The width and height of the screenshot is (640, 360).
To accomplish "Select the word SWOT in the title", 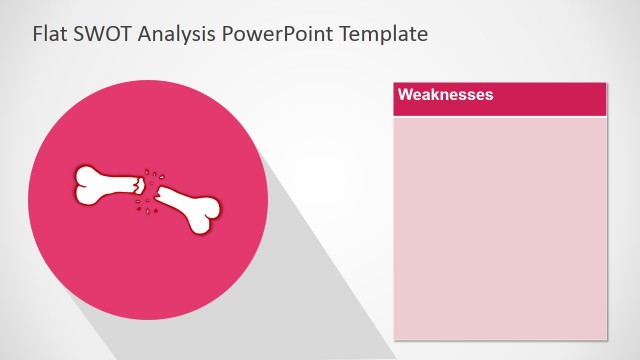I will point(98,34).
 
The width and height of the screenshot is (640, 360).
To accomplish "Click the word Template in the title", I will point(383,35).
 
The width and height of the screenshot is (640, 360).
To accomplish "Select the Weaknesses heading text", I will point(446,95).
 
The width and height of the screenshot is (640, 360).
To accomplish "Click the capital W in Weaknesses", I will point(405,95).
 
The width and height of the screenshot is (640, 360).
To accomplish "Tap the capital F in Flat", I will point(38,34).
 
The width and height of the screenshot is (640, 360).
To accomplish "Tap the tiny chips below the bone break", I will point(145,207).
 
